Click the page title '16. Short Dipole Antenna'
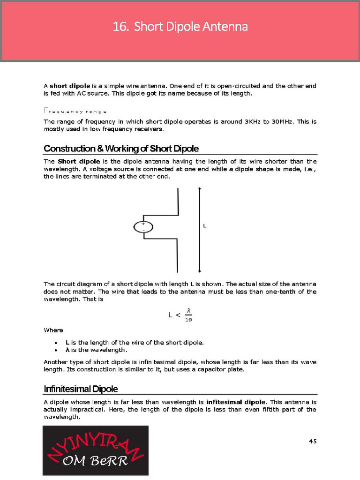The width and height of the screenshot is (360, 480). (180, 27)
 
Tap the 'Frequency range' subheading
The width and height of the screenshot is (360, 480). (75, 111)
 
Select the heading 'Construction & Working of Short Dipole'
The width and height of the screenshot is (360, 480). (121, 149)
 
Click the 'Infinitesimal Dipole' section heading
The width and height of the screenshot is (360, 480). (81, 389)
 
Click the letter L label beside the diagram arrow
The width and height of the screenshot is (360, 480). (204, 226)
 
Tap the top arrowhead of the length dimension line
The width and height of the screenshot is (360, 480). (200, 189)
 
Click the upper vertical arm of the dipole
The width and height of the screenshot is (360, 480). (178, 202)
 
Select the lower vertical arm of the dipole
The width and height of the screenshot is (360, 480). (178, 255)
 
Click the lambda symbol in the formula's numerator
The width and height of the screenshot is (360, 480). (188, 310)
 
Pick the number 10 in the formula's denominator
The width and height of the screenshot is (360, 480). (188, 320)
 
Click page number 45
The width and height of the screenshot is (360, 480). (313, 441)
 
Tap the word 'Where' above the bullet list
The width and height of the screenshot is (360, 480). (53, 330)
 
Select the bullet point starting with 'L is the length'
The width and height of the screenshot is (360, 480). (134, 342)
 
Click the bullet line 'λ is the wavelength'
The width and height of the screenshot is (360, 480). (96, 350)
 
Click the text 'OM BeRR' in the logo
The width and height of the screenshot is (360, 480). (95, 461)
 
